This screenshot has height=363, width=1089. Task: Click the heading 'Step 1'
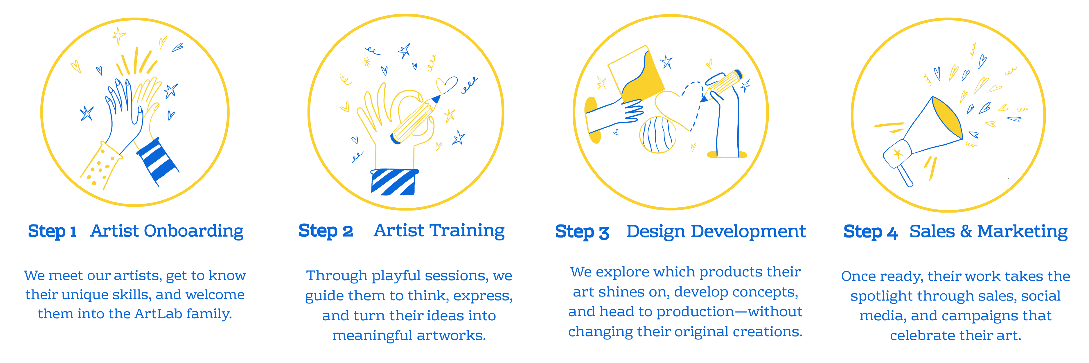[52, 231]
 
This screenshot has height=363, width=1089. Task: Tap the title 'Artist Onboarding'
[167, 231]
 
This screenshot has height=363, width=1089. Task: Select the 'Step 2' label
[326, 231]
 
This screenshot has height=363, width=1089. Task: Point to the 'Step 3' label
[582, 231]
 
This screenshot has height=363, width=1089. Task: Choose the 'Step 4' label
[870, 231]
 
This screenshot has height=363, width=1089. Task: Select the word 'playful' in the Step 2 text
[396, 276]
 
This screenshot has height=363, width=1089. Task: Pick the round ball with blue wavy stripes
[657, 134]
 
